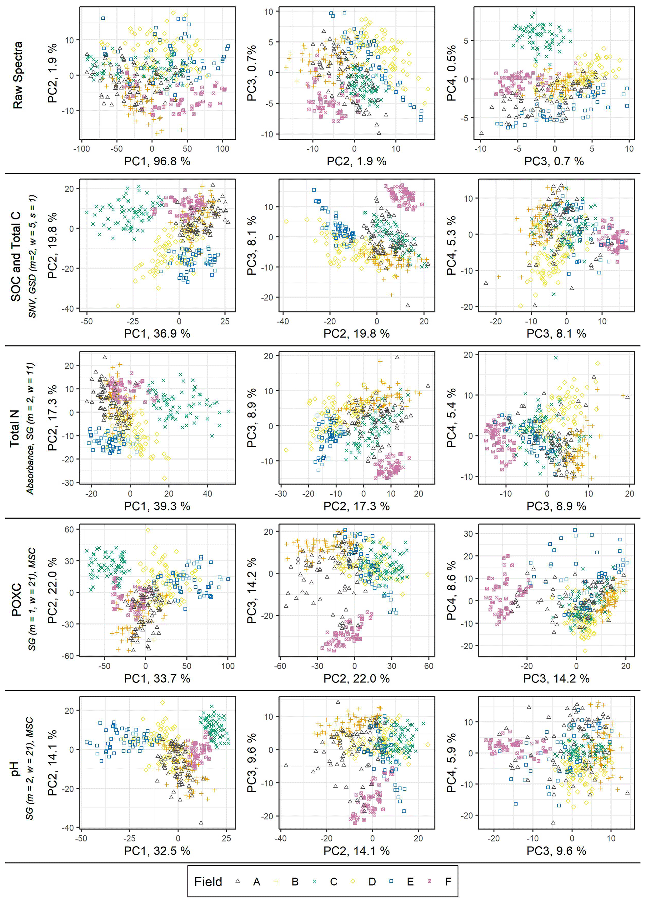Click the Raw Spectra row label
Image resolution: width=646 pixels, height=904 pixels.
click(x=18, y=75)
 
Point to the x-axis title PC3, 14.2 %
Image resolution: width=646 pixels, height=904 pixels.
click(x=556, y=678)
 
